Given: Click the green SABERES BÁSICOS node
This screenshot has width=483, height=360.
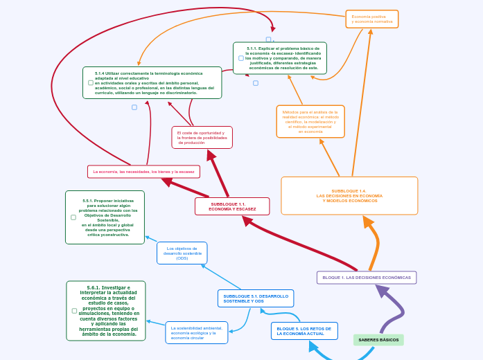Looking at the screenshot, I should [x=378, y=340].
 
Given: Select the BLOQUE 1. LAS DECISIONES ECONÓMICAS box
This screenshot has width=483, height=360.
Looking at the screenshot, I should [x=367, y=278].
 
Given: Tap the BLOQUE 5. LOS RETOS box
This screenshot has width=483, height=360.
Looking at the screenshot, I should [x=304, y=331].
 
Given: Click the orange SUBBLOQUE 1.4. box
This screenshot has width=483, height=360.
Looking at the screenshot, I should [x=349, y=196].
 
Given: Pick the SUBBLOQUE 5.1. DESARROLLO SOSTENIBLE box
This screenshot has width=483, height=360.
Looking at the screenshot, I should [x=256, y=298].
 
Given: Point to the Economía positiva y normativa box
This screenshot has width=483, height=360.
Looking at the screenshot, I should [x=372, y=19].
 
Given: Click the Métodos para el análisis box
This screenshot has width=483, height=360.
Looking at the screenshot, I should [x=310, y=122].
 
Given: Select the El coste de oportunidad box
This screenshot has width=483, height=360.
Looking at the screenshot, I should [x=202, y=138].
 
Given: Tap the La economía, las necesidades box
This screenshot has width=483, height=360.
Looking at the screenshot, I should [x=143, y=172].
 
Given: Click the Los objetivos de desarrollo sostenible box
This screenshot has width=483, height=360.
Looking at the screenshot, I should [x=182, y=253].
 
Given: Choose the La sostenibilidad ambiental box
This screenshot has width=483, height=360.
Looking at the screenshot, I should [x=197, y=333].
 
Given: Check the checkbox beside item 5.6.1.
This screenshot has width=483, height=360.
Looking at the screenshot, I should [x=75, y=311].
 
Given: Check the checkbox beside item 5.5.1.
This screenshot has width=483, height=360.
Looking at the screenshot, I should [x=73, y=217].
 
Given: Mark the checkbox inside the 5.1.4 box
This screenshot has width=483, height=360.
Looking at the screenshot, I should [x=91, y=83].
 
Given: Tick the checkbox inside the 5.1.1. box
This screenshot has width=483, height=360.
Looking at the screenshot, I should [x=241, y=58].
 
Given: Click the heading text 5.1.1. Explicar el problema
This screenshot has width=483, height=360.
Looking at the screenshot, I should [x=283, y=49].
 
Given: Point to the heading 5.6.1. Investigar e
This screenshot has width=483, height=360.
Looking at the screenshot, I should [x=109, y=287].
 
